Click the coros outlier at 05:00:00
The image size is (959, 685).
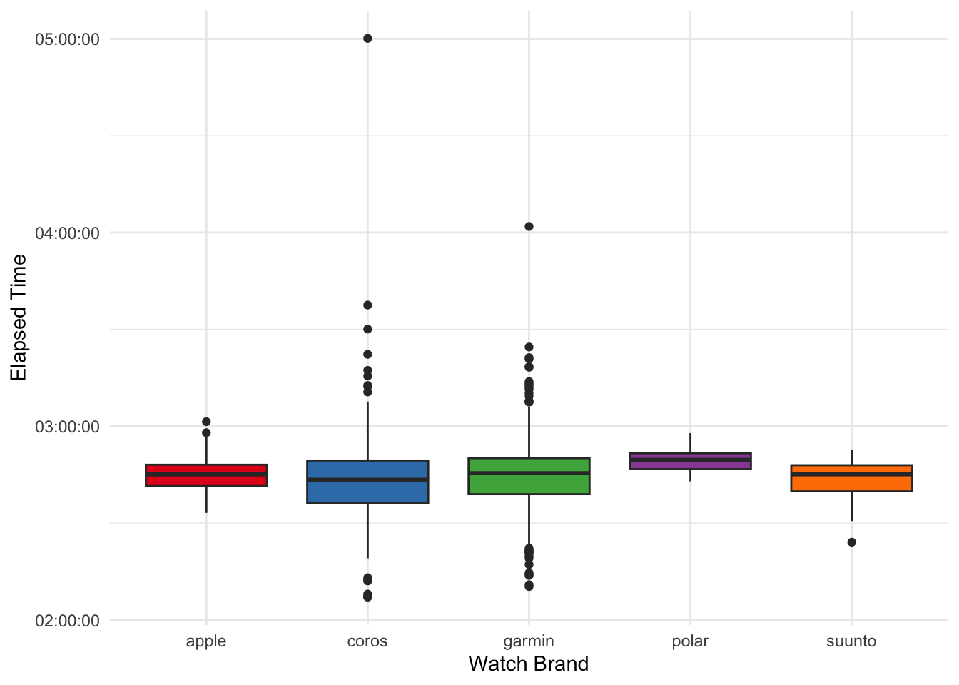pyautogui.click(x=367, y=39)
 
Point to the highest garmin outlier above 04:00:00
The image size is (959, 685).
pyautogui.click(x=529, y=227)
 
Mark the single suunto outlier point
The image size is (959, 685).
pyautogui.click(x=851, y=542)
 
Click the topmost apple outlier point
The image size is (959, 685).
pyautogui.click(x=206, y=422)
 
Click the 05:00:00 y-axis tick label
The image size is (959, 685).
pyautogui.click(x=67, y=39)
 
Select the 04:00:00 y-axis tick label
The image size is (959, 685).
pyautogui.click(x=67, y=233)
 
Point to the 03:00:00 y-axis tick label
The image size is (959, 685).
pyautogui.click(x=67, y=427)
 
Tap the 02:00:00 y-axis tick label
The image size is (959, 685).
pyautogui.click(x=67, y=621)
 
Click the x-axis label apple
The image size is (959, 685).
pyautogui.click(x=206, y=641)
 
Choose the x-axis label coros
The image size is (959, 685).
pyautogui.click(x=367, y=641)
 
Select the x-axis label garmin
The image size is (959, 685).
pyautogui.click(x=529, y=641)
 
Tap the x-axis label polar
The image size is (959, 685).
pyautogui.click(x=690, y=641)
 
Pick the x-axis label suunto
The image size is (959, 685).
pyautogui.click(x=851, y=641)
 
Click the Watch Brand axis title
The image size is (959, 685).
pyautogui.click(x=529, y=664)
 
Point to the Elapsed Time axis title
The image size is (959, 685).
pyautogui.click(x=19, y=318)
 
